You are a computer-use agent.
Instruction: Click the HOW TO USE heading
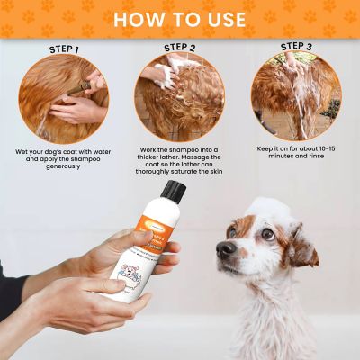click(180, 18)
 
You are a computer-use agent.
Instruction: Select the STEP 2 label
click(180, 47)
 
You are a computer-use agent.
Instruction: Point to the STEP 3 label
click(296, 46)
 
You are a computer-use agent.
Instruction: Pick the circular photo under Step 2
click(179, 96)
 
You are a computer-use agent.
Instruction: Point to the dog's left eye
click(267, 234)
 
